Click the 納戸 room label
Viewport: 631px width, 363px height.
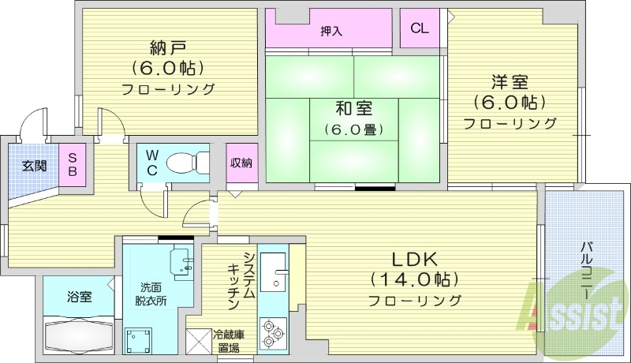tap(168, 46)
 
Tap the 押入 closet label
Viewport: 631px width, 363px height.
tap(331, 31)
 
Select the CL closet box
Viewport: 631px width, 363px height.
tap(420, 29)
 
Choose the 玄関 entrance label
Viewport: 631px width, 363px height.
tap(34, 166)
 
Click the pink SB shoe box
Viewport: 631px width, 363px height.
tap(72, 165)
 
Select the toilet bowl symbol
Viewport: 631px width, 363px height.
tap(186, 163)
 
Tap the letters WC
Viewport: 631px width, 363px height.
tap(152, 163)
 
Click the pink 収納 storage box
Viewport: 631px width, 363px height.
tap(241, 163)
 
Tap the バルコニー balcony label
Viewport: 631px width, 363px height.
tap(586, 268)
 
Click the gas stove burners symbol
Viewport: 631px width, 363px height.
tap(274, 332)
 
